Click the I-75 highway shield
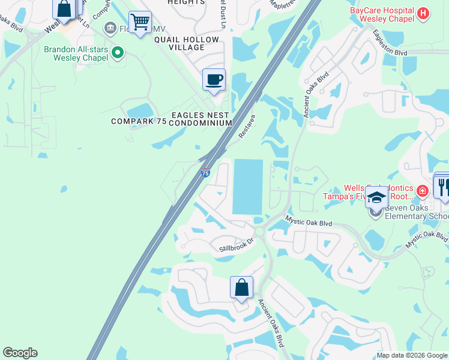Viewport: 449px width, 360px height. (x=205, y=173)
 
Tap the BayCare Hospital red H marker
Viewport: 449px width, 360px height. (x=423, y=13)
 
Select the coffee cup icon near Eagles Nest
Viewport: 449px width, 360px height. (x=214, y=80)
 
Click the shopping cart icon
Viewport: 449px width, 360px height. (x=140, y=22)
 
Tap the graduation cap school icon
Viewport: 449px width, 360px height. (x=376, y=196)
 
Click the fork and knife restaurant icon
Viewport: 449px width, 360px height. (x=443, y=187)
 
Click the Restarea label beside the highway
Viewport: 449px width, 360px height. (x=247, y=127)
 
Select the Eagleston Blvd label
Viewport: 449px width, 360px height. (x=390, y=43)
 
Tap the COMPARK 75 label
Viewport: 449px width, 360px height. (x=137, y=121)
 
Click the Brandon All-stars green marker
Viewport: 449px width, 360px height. (x=118, y=53)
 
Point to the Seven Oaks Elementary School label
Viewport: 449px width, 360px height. (x=417, y=212)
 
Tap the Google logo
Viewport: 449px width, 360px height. (x=20, y=353)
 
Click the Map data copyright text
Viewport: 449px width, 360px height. (x=412, y=355)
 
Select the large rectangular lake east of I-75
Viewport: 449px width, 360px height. (x=247, y=187)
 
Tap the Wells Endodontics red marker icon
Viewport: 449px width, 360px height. (x=423, y=191)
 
